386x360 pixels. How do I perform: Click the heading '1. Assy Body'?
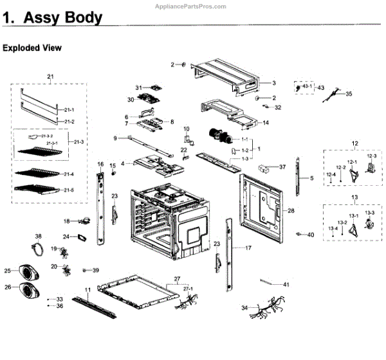tap(52, 19)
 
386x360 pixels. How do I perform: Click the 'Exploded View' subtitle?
tap(32, 48)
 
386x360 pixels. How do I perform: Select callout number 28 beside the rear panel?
tap(291, 211)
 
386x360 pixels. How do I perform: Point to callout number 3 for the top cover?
tap(273, 84)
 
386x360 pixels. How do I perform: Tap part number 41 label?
tap(286, 284)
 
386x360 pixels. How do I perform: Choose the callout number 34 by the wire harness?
tap(244, 309)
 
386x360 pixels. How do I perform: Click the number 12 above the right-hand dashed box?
tap(354, 142)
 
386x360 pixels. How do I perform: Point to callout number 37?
tap(282, 167)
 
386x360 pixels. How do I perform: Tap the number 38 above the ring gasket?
tap(38, 237)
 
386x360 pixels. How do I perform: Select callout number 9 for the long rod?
tap(115, 138)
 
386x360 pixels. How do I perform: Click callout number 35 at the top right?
tap(349, 94)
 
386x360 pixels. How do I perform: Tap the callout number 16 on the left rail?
tap(100, 165)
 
